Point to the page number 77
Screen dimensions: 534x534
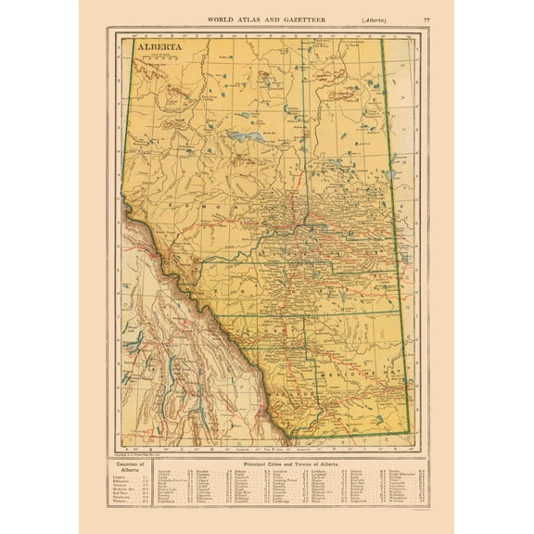[426, 19]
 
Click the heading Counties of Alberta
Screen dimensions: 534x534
[129, 465]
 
